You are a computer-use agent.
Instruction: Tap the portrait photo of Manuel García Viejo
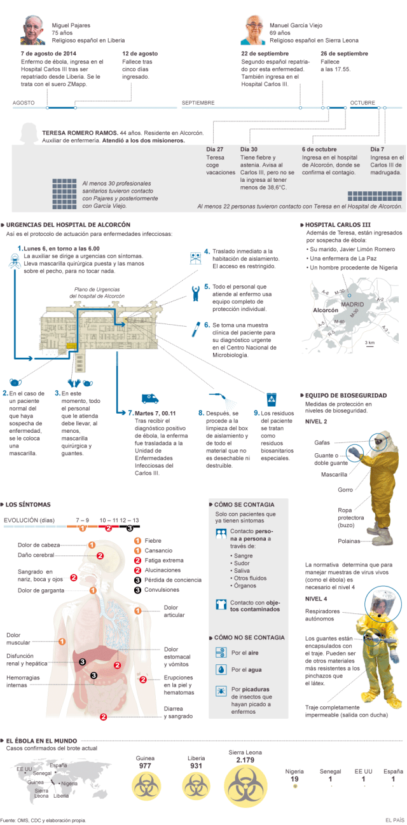pos(256,29)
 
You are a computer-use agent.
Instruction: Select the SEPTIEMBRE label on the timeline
pos(198,102)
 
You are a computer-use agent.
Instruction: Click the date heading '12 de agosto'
pos(140,53)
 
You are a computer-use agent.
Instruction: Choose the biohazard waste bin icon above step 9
pos(272,399)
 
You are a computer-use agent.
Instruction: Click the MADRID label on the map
pos(352,305)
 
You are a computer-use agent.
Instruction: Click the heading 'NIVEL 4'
pos(316,599)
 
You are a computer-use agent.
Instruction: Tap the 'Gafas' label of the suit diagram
pos(322,442)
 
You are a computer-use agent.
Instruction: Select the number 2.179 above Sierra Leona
pos(245,760)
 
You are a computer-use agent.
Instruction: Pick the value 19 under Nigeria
pos(294,779)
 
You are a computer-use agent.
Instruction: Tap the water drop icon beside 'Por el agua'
pos(221,669)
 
